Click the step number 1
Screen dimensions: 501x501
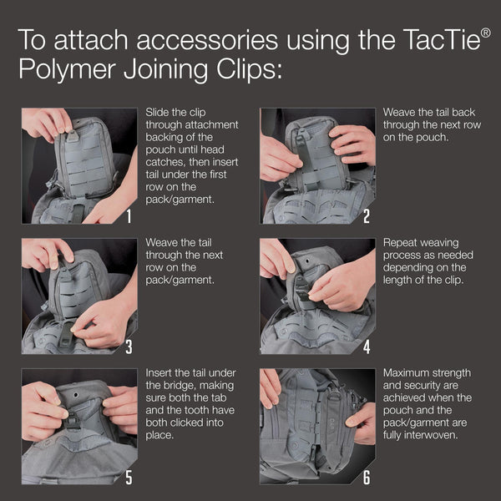pos(129,216)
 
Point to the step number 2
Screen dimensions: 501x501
pos(366,216)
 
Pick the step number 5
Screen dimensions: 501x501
pos(129,477)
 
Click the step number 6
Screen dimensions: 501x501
pos(366,477)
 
